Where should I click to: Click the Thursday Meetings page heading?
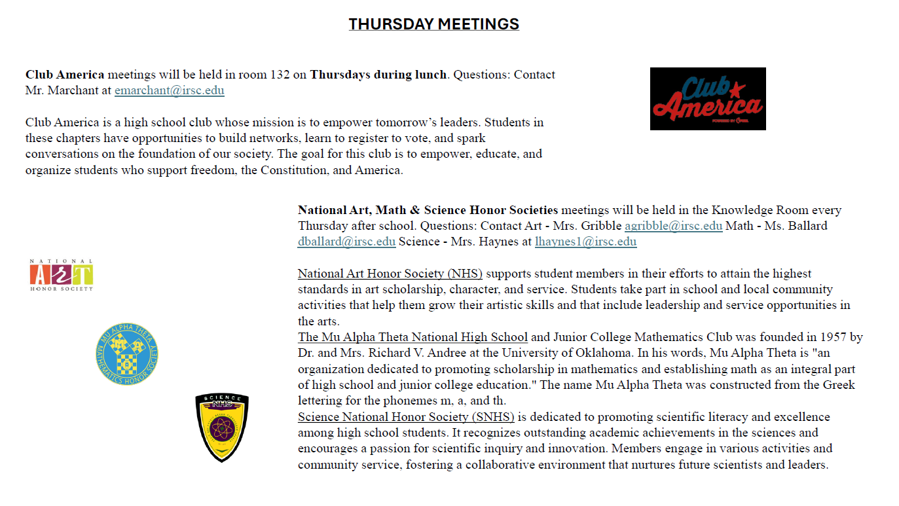tap(433, 24)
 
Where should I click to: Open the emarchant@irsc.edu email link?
tap(169, 90)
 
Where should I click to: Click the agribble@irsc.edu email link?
tap(673, 226)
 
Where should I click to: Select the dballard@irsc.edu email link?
tap(346, 242)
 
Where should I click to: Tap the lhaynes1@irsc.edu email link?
tap(585, 242)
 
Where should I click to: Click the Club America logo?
tap(707, 99)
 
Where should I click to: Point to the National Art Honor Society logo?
tap(61, 275)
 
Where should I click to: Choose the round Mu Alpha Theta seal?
tap(126, 354)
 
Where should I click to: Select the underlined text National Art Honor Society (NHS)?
tap(390, 274)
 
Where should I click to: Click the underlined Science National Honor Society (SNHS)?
tap(406, 417)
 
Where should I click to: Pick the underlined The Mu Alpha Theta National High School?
tap(413, 337)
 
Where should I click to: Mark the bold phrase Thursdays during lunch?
tap(378, 75)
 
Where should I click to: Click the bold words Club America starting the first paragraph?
tap(65, 75)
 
